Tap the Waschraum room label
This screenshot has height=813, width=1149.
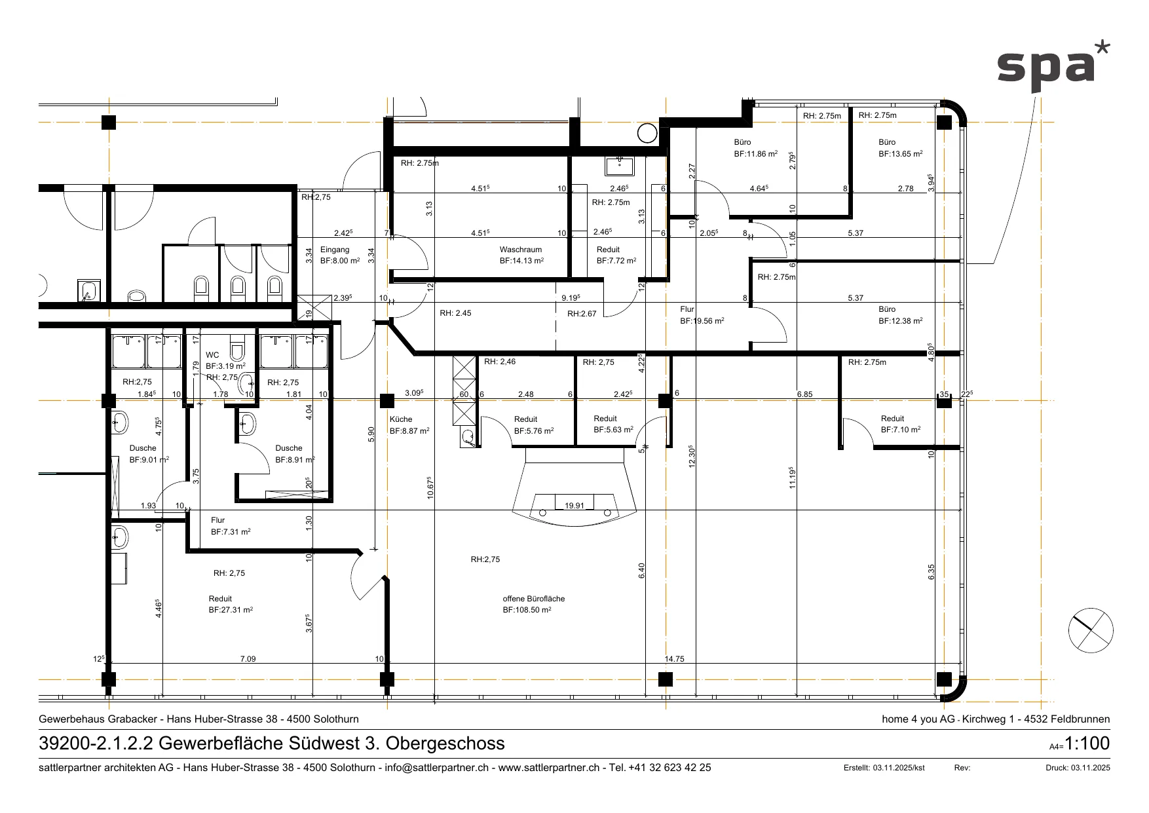click(x=521, y=250)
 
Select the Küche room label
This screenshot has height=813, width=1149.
click(x=401, y=419)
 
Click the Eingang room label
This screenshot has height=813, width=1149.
click(x=335, y=250)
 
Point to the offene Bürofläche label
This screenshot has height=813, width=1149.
click(x=534, y=599)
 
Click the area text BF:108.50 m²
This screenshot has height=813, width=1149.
click(x=527, y=610)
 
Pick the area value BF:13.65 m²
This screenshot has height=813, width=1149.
click(x=901, y=153)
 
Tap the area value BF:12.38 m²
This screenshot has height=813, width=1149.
click(x=901, y=321)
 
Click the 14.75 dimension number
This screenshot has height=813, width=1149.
click(x=674, y=659)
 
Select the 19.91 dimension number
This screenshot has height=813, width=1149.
click(x=574, y=506)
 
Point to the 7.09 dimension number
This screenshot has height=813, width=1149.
click(x=248, y=659)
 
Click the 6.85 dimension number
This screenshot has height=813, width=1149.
click(x=804, y=394)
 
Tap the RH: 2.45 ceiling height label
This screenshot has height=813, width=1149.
click(x=455, y=313)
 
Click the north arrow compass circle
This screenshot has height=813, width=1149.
click(x=1091, y=630)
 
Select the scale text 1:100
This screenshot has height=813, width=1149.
click(x=1087, y=744)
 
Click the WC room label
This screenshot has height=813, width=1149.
click(x=212, y=355)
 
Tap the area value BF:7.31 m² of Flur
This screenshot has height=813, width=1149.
click(x=231, y=532)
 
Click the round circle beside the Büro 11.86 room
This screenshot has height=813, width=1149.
click(x=647, y=133)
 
